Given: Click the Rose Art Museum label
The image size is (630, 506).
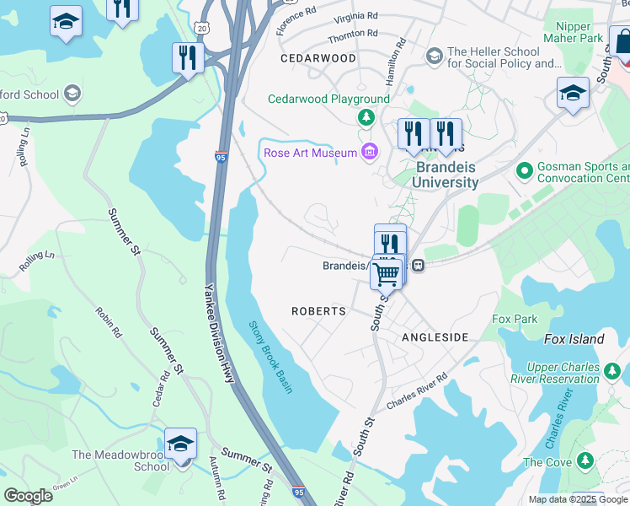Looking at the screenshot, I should pos(310,153).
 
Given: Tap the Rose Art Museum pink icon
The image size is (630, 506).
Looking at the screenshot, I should pos(369,152).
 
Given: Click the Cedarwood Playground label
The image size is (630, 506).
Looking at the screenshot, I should pos(328,99).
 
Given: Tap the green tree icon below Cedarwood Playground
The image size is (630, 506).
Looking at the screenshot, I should pos(366,116).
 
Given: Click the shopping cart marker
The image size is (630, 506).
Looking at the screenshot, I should pos(387,272).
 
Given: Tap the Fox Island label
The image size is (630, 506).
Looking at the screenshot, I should pos(574,339).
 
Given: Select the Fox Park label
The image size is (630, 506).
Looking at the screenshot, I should pos(515,319).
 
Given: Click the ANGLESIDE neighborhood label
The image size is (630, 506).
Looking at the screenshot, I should pos(435,337).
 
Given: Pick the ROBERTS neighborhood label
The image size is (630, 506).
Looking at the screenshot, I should pos(318,311).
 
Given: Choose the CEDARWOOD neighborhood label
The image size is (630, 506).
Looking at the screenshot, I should pos(318,58).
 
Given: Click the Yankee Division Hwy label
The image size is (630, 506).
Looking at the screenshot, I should pos(217,332).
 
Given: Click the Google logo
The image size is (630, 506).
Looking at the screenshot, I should pos(28,496).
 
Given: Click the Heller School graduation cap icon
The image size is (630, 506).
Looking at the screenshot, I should pos(435,57).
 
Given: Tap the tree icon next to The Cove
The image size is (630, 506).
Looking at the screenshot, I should pos(585,461).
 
